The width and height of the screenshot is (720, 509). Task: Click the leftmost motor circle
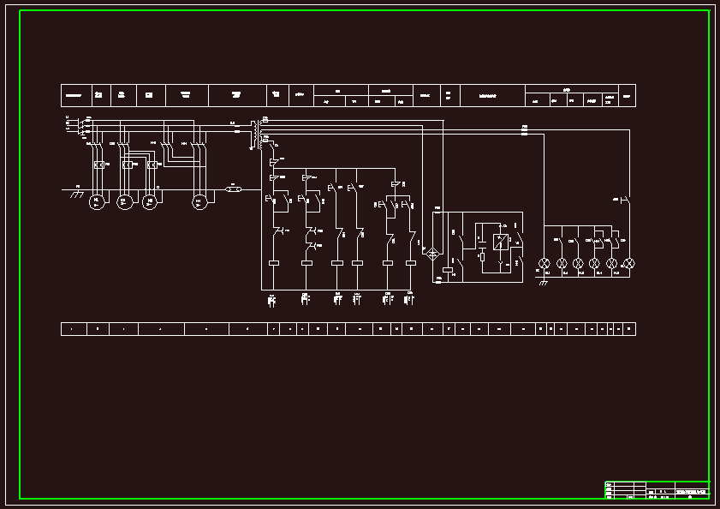97,201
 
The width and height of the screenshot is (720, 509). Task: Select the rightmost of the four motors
199,201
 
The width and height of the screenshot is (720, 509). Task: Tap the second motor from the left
123,201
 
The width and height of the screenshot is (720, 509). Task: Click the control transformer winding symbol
254,134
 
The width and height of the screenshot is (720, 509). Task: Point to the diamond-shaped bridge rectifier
432,254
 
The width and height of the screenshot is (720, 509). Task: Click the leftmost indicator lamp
542,263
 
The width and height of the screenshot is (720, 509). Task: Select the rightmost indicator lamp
628,263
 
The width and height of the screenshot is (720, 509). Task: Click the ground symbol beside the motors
76,195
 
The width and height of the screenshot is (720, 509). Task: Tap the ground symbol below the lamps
541,281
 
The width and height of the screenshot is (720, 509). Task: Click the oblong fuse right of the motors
233,189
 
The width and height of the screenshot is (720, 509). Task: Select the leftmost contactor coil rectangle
275,263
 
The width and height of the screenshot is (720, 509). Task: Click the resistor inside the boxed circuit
482,256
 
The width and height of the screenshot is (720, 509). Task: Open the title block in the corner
657,489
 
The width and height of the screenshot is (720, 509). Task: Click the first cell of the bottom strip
73,328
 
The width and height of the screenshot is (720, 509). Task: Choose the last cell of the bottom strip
631,328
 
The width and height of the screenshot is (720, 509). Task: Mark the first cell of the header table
74,95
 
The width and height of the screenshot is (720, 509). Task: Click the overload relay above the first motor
98,164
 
